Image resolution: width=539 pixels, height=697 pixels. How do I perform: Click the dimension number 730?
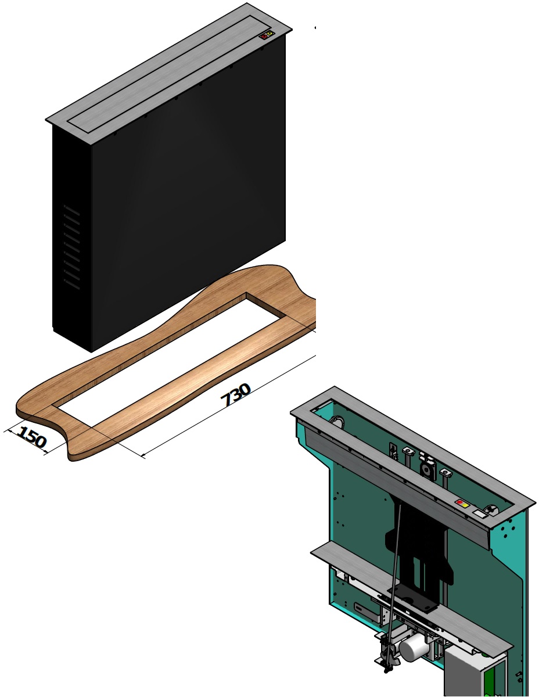pyautogui.click(x=236, y=395)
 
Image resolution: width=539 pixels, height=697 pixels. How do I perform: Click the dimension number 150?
pyautogui.click(x=30, y=437)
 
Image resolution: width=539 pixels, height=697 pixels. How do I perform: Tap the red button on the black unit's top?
pyautogui.click(x=264, y=37)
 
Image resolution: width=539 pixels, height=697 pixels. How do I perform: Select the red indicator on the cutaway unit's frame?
pyautogui.click(x=460, y=502)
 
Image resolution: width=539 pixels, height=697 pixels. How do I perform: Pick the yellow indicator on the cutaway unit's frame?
pyautogui.click(x=465, y=505)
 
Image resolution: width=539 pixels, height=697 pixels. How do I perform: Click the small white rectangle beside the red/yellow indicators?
pyautogui.click(x=479, y=513)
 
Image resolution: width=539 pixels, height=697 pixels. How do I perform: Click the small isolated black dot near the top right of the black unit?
pyautogui.click(x=315, y=27)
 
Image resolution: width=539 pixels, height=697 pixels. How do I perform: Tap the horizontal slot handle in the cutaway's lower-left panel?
pyautogui.click(x=366, y=610)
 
